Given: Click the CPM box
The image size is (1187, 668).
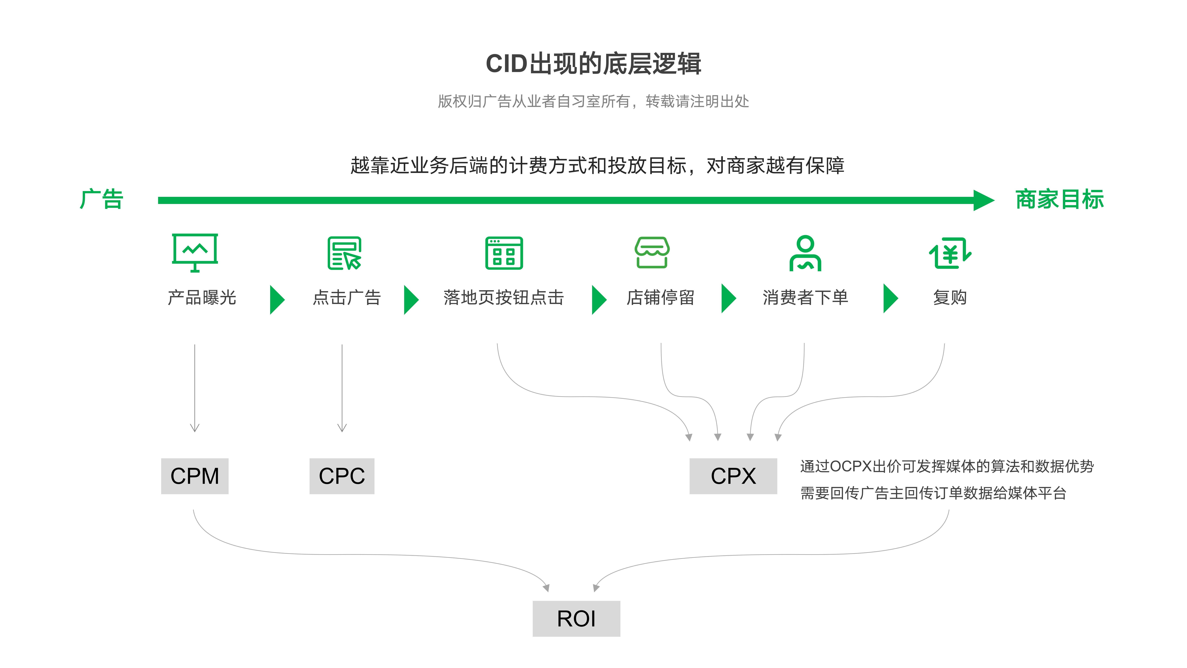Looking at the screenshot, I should click(194, 476).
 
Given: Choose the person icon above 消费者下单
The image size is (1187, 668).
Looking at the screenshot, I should click(805, 253).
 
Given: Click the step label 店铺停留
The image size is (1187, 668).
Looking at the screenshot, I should click(660, 297).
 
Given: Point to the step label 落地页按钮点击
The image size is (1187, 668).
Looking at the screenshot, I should click(504, 297).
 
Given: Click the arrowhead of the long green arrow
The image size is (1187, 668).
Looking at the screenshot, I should click(984, 200).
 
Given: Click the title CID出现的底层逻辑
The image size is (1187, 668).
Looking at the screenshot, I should click(593, 64).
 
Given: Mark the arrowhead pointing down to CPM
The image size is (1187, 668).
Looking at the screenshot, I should click(195, 428).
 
